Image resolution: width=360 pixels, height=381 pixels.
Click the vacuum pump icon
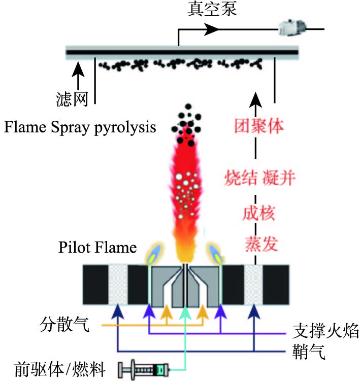pos(291,28)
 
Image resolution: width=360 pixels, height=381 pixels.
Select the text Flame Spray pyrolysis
pos(80,127)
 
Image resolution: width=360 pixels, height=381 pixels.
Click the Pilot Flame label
pos(97,248)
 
